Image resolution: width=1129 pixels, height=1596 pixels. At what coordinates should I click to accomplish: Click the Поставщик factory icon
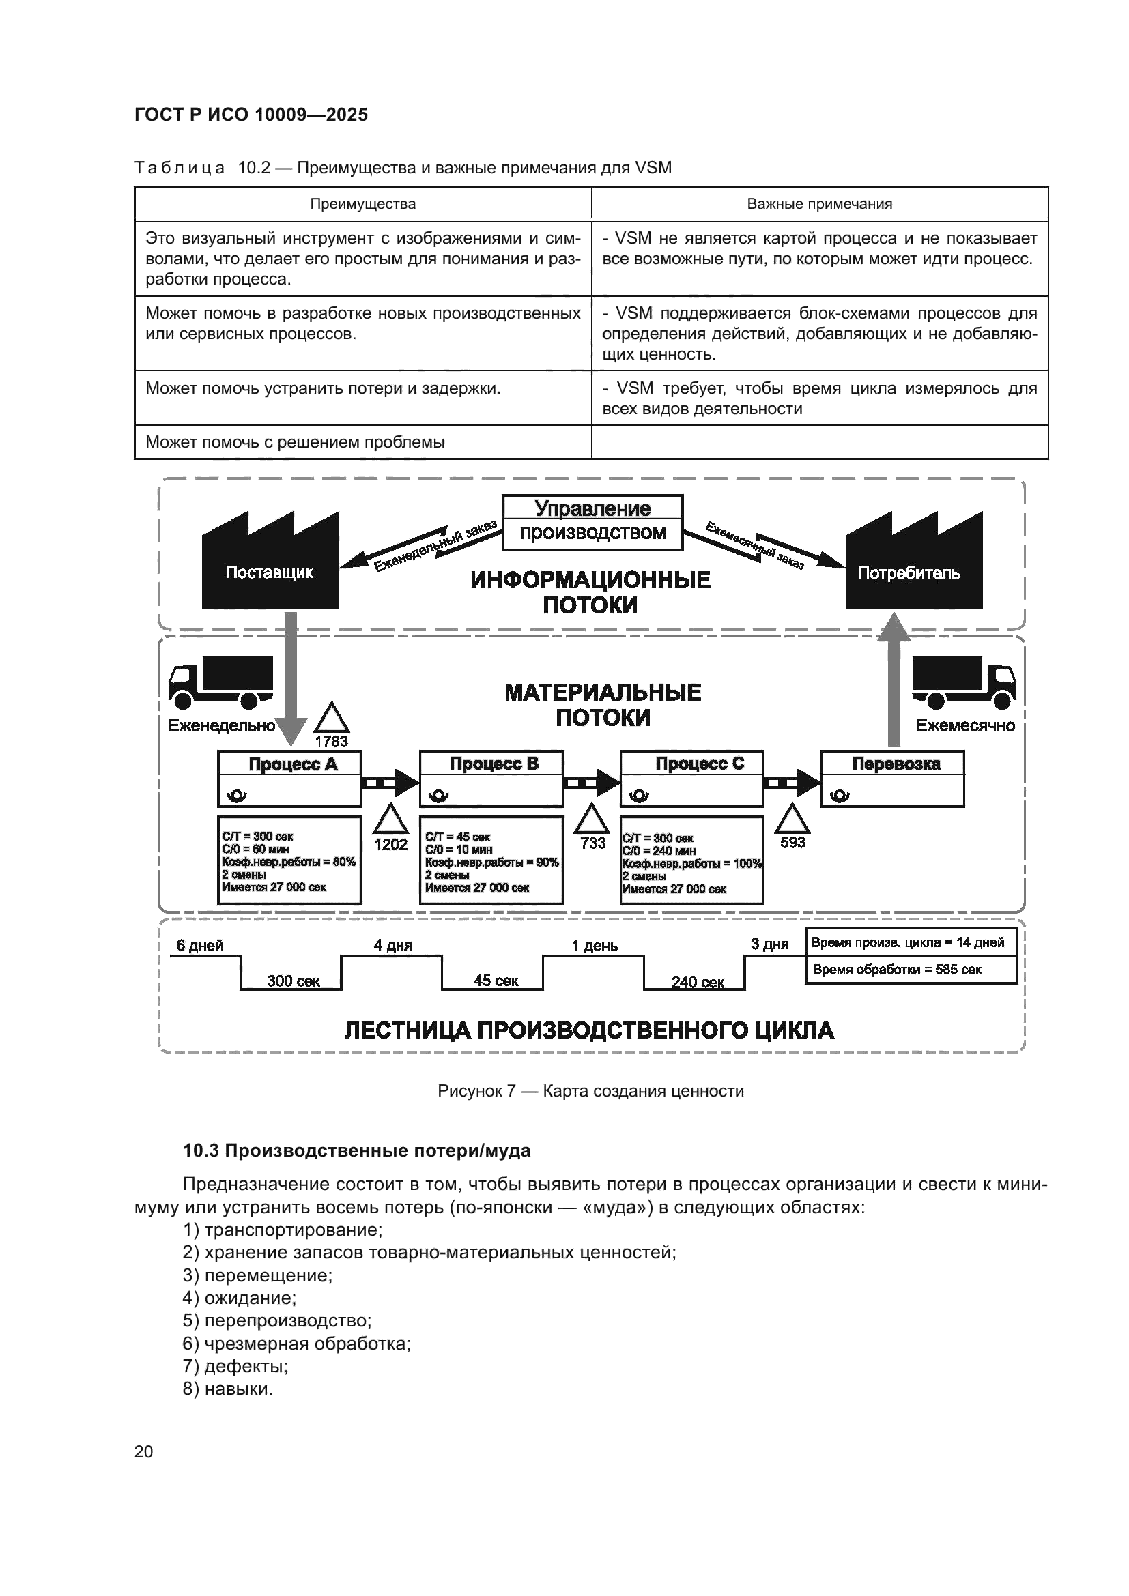tap(270, 566)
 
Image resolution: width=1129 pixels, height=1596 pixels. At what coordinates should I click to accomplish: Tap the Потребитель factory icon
tap(913, 566)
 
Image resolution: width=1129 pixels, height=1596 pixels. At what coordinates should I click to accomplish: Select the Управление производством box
tap(592, 522)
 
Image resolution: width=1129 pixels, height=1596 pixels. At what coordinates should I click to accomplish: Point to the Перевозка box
tap(892, 778)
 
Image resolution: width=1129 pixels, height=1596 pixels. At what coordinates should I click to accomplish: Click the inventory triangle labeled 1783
tap(331, 719)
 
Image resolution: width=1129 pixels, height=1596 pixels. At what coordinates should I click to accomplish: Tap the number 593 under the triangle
tap(792, 843)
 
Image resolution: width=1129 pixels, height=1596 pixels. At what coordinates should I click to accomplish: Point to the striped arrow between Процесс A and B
tap(390, 783)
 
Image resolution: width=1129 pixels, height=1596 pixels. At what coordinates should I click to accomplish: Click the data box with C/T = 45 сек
tap(491, 860)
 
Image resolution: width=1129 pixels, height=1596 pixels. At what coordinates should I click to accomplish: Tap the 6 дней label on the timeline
tap(199, 945)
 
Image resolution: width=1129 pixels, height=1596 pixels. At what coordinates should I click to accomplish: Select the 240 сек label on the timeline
tap(698, 982)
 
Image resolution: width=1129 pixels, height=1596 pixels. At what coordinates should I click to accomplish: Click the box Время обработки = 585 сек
tap(911, 970)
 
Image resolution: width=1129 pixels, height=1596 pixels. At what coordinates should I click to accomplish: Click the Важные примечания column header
tap(819, 205)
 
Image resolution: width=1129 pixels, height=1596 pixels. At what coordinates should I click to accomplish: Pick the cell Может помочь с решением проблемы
tap(295, 442)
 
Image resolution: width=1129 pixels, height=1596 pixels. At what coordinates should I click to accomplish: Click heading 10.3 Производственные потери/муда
tap(356, 1150)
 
